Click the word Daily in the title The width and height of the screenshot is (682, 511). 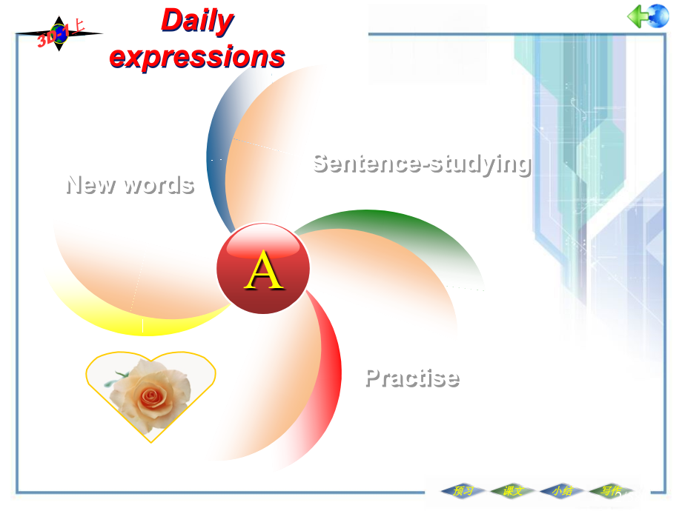tap(197, 21)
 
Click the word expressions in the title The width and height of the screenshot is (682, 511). tap(197, 56)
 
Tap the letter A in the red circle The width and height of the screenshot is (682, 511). tap(264, 271)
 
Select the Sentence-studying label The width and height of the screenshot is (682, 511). tap(421, 163)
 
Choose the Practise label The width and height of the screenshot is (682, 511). tap(412, 378)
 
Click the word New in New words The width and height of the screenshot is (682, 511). tap(90, 184)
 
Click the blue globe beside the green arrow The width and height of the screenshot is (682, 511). tap(658, 16)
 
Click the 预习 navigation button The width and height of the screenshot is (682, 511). tap(463, 490)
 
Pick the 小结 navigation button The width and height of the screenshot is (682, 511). tap(562, 490)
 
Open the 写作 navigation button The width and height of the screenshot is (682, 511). tap(611, 490)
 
